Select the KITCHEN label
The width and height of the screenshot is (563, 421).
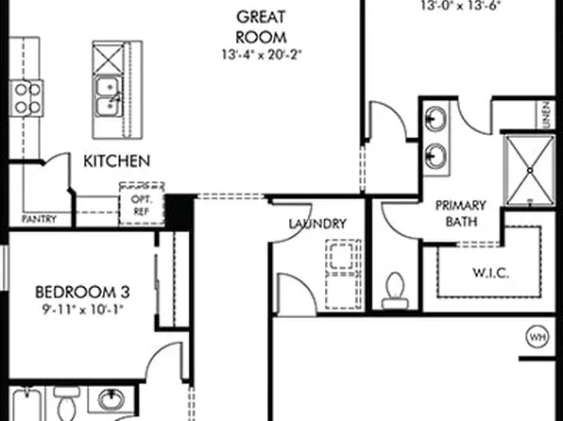pos(116,161)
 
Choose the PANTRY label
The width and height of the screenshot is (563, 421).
pos(38,219)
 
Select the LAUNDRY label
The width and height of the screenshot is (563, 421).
pos(316,224)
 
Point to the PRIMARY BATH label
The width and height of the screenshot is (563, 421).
pos(460,213)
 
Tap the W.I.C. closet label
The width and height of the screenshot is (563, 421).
pos(491,274)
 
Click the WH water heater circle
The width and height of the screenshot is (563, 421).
pos(537,336)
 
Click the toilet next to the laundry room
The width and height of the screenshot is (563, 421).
pos(395,289)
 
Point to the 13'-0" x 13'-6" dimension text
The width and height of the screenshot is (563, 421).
pos(460,5)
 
